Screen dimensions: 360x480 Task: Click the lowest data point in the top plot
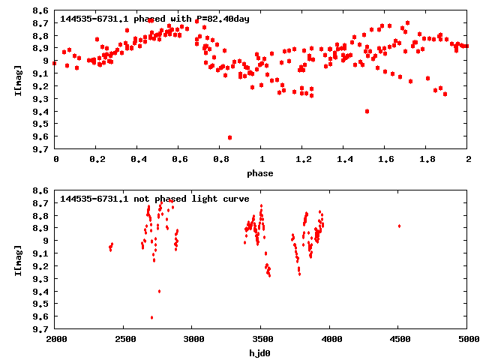(229, 137)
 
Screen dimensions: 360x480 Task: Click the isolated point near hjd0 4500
(399, 226)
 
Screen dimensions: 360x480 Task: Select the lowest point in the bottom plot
(151, 317)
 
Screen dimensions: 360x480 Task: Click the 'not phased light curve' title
(144, 198)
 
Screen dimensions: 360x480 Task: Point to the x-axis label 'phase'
(261, 173)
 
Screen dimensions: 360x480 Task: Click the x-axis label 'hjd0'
(261, 353)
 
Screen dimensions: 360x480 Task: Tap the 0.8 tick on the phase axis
(220, 160)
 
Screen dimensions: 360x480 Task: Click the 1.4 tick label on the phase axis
(344, 160)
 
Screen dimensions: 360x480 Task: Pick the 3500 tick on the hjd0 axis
(262, 340)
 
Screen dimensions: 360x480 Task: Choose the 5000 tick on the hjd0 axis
(468, 340)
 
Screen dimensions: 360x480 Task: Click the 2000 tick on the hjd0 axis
(55, 340)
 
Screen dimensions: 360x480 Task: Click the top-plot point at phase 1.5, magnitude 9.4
(367, 111)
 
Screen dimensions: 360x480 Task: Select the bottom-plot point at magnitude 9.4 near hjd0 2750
(159, 291)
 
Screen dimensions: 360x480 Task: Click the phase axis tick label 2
(468, 160)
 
